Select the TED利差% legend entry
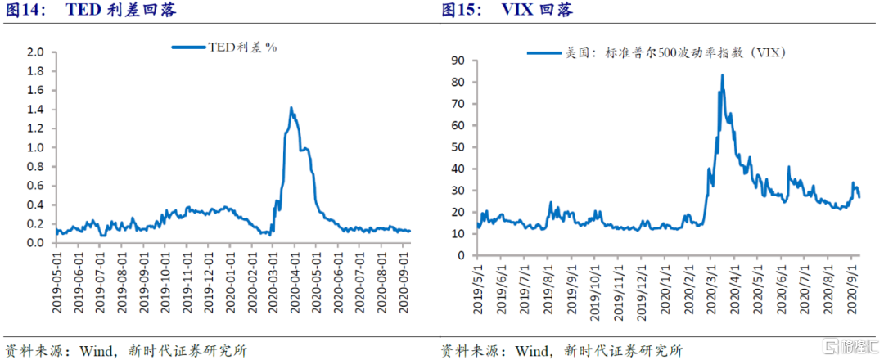(226, 47)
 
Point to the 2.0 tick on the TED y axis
(34, 52)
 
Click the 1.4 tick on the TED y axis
(34, 109)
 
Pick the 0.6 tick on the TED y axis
(34, 186)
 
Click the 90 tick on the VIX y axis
(458, 61)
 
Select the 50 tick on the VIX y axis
(458, 147)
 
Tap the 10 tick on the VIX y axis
(458, 234)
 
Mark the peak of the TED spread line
(291, 107)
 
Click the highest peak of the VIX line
(722, 75)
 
